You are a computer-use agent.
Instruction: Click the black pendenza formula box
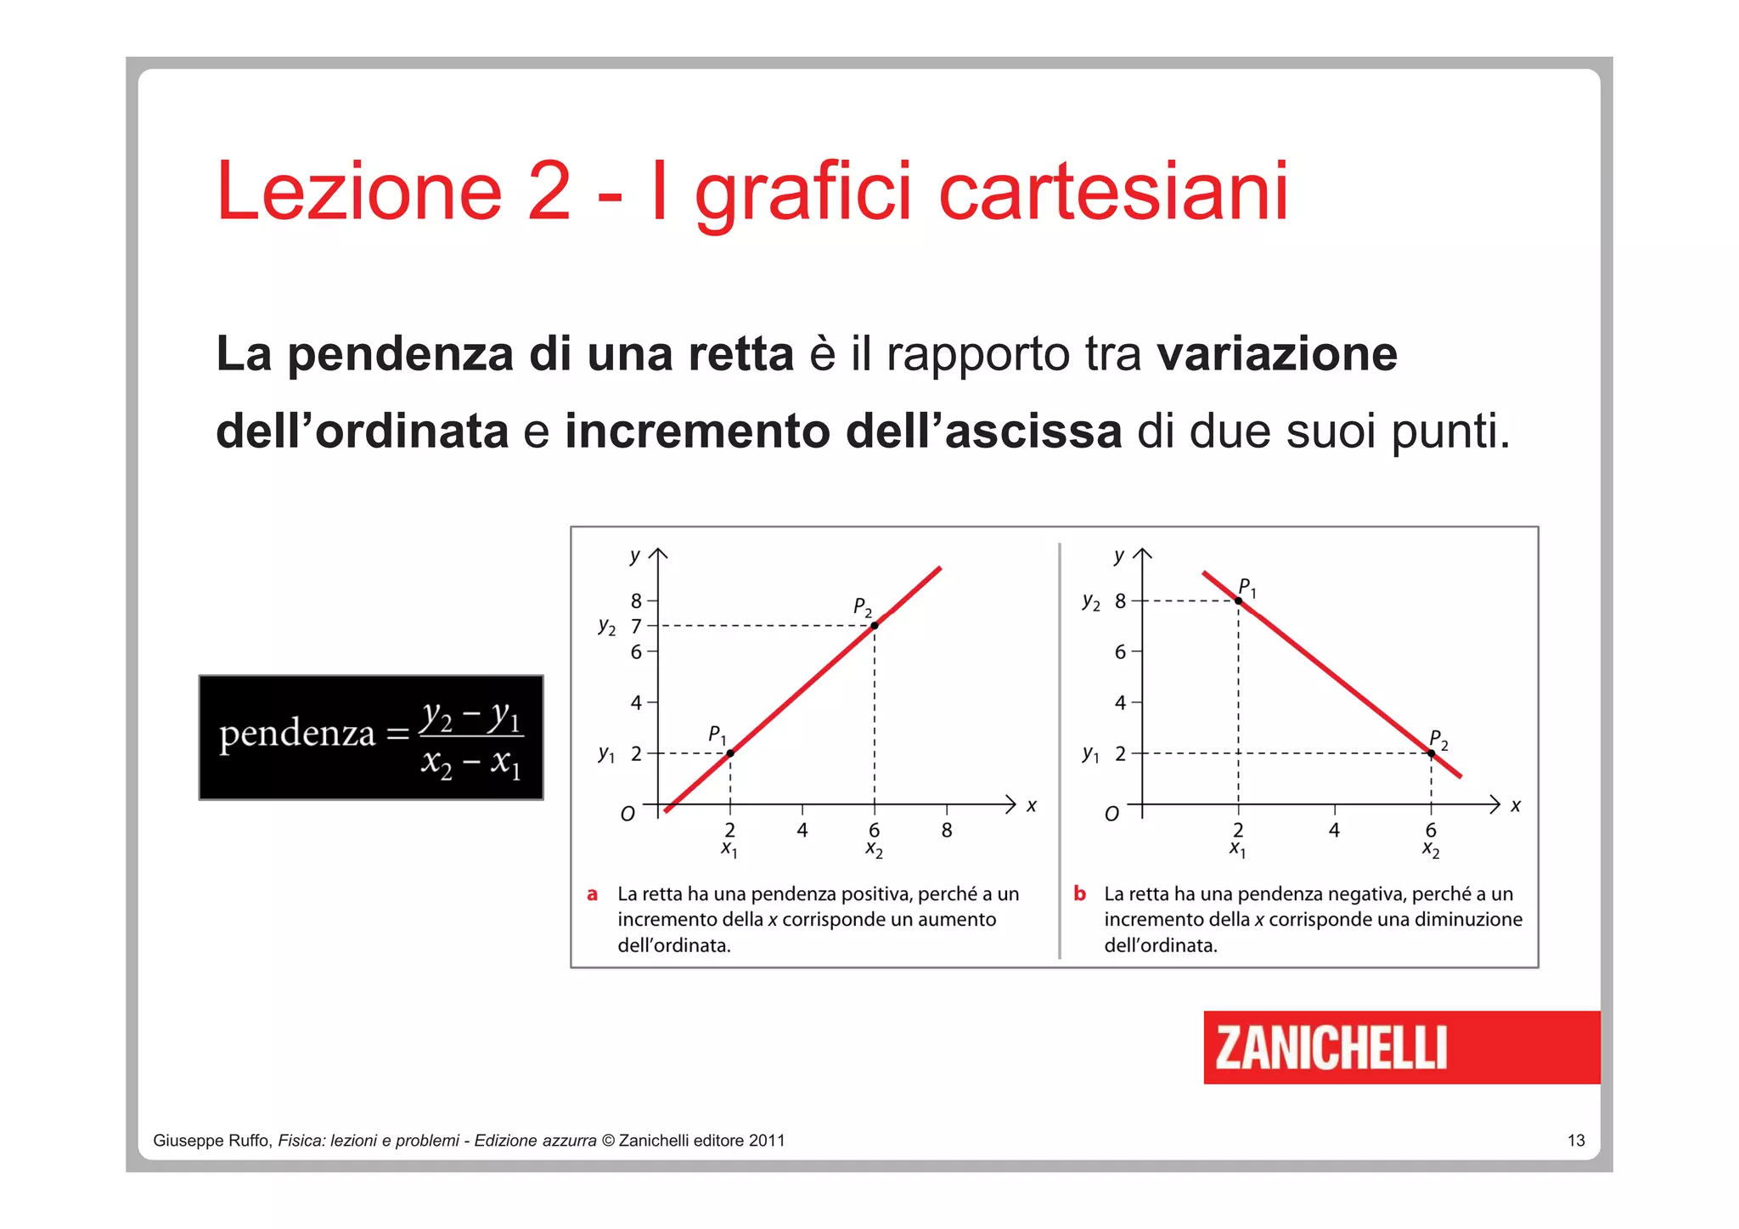coord(371,737)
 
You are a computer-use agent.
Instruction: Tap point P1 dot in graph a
coord(730,753)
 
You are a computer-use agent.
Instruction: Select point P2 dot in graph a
coord(875,626)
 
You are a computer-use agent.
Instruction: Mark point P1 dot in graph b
coord(1238,600)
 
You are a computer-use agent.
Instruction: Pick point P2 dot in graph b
coord(1432,753)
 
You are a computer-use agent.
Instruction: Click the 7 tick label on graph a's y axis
coord(636,627)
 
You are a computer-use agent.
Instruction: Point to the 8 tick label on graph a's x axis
coord(947,831)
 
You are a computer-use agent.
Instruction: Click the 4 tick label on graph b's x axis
coord(1334,831)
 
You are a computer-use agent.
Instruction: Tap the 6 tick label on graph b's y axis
coord(1120,652)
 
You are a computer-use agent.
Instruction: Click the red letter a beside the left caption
coord(593,894)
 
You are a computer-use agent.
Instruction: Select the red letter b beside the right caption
coord(1079,894)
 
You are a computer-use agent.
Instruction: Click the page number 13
coord(1576,1141)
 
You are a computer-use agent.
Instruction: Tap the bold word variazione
coord(1277,354)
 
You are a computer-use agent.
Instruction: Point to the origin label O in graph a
coord(628,815)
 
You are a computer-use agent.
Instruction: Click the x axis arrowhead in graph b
coord(1495,804)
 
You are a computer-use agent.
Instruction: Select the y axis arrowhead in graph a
coord(658,555)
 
